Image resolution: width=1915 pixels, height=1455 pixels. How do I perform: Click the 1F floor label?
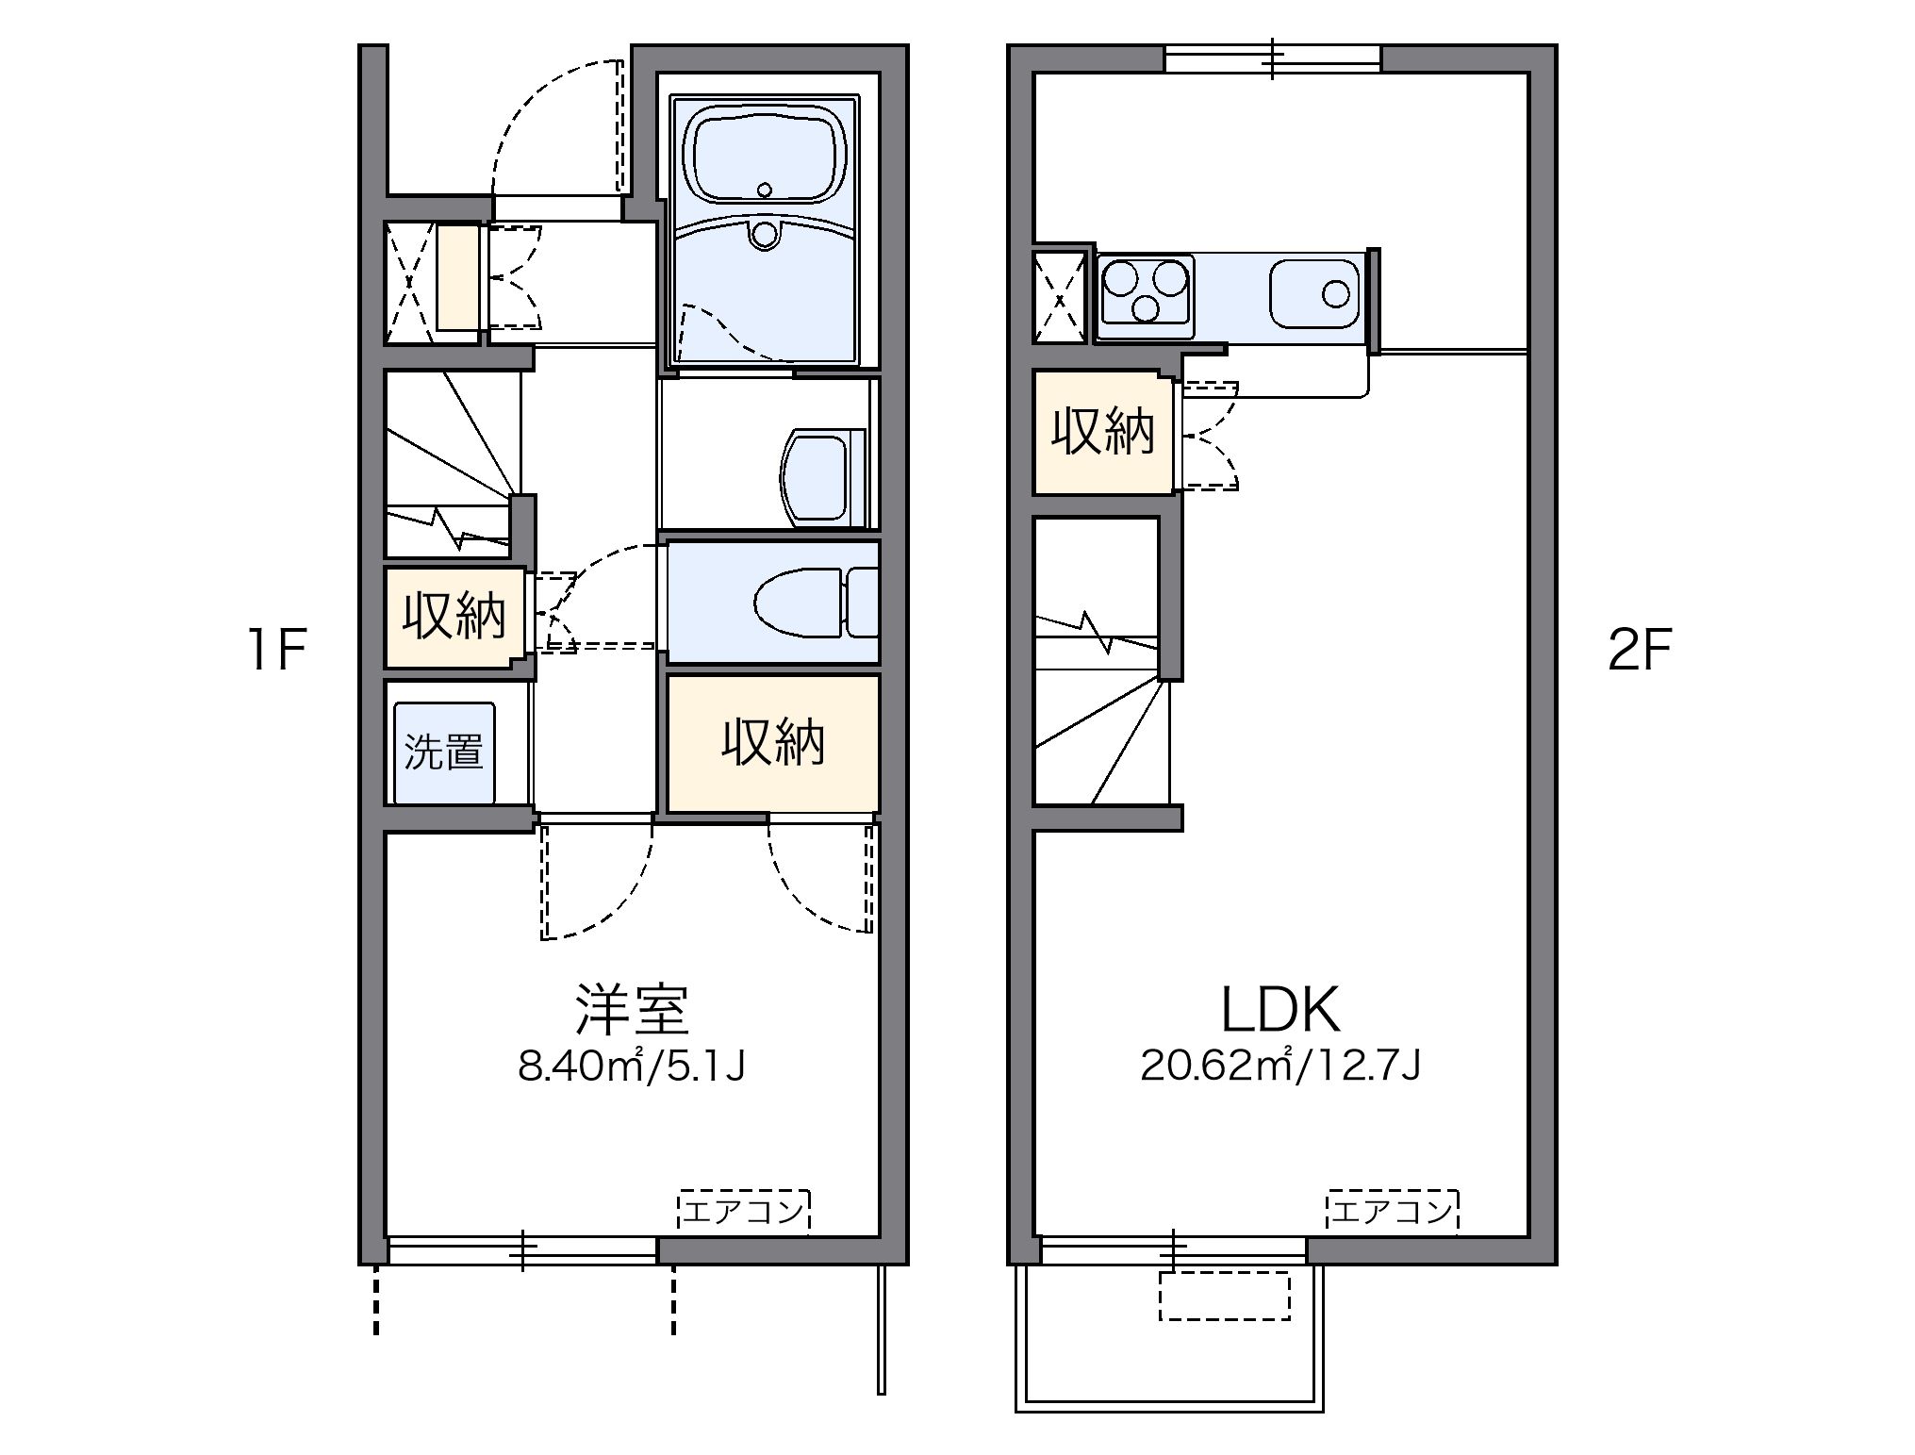pos(276,651)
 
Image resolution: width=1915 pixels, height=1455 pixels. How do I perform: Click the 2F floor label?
pos(1639,651)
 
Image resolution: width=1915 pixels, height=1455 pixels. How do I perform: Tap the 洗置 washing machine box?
pos(444,752)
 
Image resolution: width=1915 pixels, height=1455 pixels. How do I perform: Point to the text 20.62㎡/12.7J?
pos(1280,1066)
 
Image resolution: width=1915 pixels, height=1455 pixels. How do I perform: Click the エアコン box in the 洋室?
pos(744,1210)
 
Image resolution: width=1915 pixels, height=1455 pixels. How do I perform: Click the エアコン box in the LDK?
pos(1393,1210)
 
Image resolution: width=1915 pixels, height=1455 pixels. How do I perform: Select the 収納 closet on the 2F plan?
pos(1103,433)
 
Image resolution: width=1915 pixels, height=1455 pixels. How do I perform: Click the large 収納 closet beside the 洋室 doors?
pos(773,743)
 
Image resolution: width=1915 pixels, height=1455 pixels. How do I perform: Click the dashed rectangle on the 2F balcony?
pos(1224,1296)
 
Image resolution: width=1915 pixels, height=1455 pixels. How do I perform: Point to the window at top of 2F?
pos(1272,58)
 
